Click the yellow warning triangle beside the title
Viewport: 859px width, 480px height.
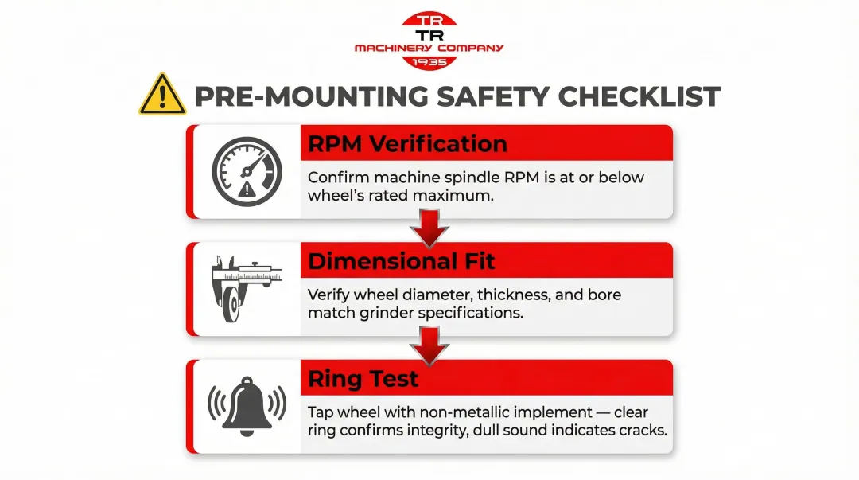(162, 96)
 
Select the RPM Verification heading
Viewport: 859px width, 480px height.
(407, 143)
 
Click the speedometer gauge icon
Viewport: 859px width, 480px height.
(247, 171)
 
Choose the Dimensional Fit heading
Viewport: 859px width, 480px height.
(402, 261)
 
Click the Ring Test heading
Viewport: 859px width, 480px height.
(363, 379)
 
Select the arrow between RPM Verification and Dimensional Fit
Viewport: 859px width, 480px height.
(429, 228)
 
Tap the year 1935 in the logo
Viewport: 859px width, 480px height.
(429, 62)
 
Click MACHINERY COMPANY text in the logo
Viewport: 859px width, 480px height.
(429, 49)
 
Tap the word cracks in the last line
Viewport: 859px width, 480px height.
(639, 431)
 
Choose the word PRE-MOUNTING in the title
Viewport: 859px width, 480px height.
(312, 96)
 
